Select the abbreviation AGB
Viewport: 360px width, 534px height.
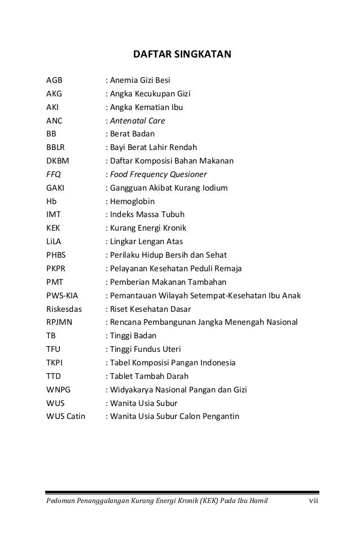click(54, 80)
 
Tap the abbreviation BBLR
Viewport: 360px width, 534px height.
click(57, 148)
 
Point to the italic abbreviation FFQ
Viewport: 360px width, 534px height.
click(53, 174)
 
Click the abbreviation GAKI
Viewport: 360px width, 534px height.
click(55, 188)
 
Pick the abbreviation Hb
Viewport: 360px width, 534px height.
click(51, 201)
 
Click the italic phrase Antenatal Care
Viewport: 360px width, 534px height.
click(137, 121)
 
